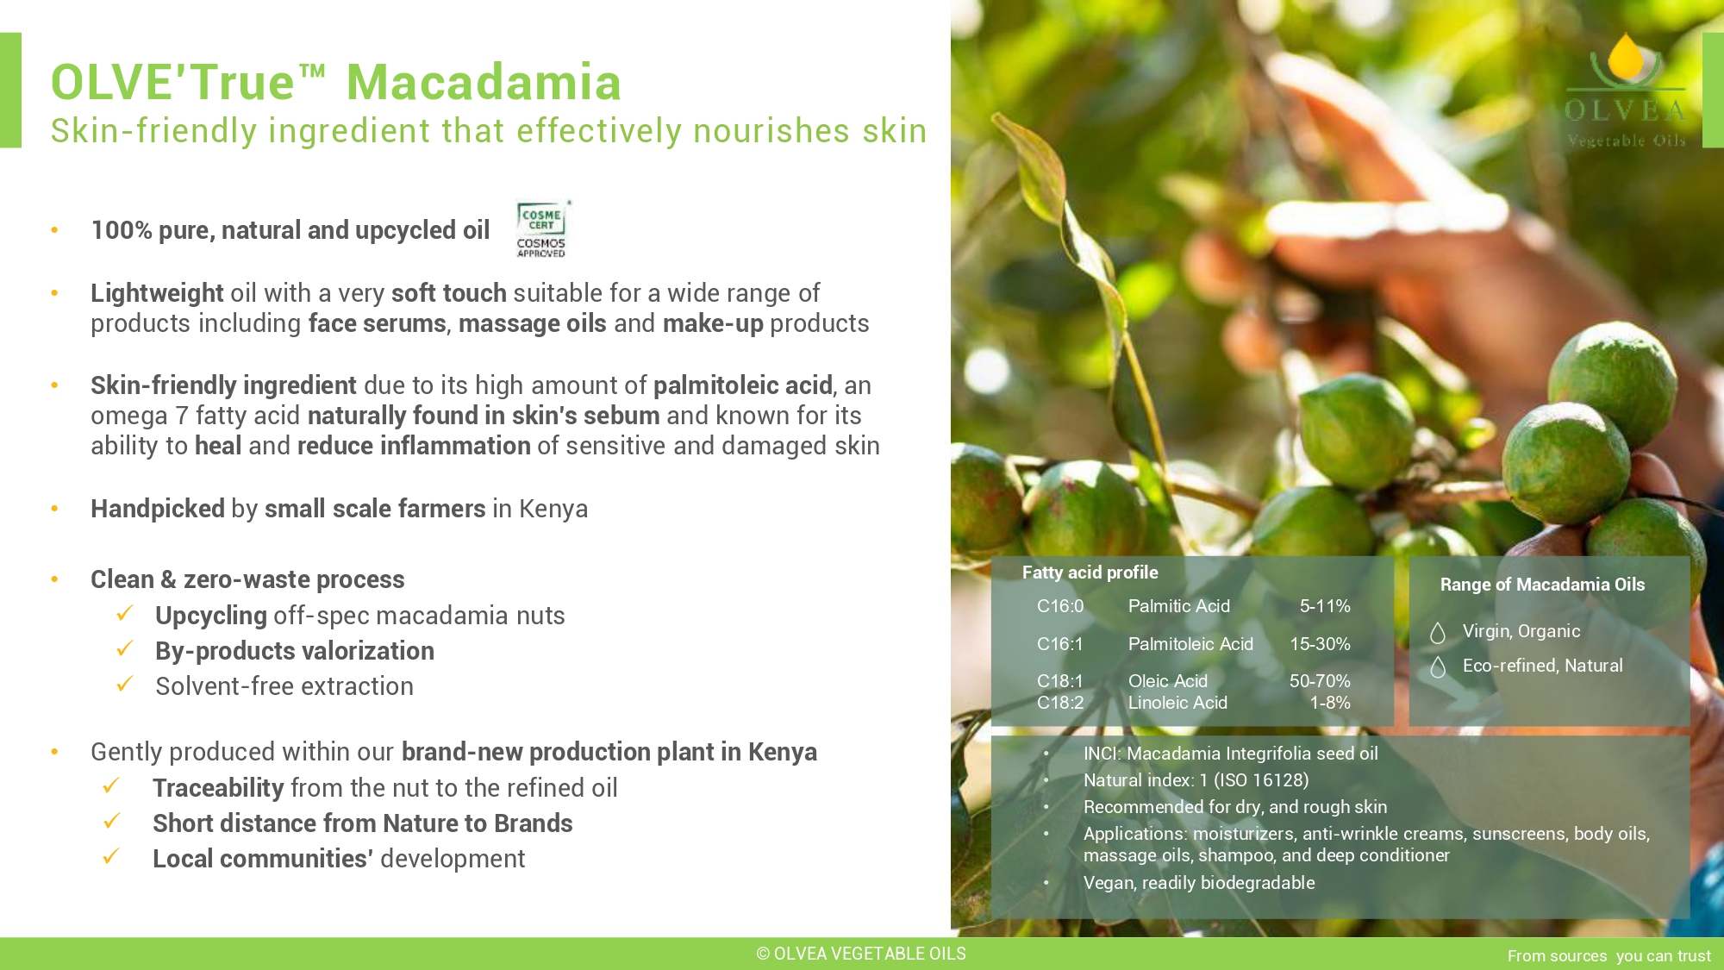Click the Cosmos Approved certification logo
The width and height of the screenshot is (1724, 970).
pyautogui.click(x=542, y=229)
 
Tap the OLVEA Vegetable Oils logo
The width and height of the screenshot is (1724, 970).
pyautogui.click(x=1625, y=91)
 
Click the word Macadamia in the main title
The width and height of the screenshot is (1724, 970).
pyautogui.click(x=484, y=82)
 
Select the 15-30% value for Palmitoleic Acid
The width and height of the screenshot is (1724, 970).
pyautogui.click(x=1320, y=644)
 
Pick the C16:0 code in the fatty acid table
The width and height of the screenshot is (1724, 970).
pyautogui.click(x=1060, y=606)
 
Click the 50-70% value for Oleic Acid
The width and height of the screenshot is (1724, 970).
pyautogui.click(x=1320, y=681)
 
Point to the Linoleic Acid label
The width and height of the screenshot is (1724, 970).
pyautogui.click(x=1177, y=703)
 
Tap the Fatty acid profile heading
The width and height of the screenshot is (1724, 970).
pyautogui.click(x=1090, y=573)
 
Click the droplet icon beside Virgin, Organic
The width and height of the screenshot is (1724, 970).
pyautogui.click(x=1438, y=633)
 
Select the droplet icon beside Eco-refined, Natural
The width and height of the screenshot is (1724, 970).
pyautogui.click(x=1438, y=667)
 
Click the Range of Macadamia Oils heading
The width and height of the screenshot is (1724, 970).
pyautogui.click(x=1542, y=585)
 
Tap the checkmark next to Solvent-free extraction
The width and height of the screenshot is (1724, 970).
pyautogui.click(x=125, y=684)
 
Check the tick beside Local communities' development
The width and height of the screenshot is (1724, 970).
pyautogui.click(x=111, y=856)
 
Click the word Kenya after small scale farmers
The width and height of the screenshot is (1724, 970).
pyautogui.click(x=553, y=509)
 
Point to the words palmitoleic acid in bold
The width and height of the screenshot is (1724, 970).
pyautogui.click(x=743, y=385)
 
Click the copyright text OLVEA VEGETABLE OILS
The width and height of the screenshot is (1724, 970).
pyautogui.click(x=861, y=954)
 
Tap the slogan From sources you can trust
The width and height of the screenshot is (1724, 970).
pyautogui.click(x=1608, y=955)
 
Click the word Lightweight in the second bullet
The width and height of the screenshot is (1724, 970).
pyautogui.click(x=157, y=293)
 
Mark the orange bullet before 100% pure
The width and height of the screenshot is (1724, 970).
pyautogui.click(x=54, y=230)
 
